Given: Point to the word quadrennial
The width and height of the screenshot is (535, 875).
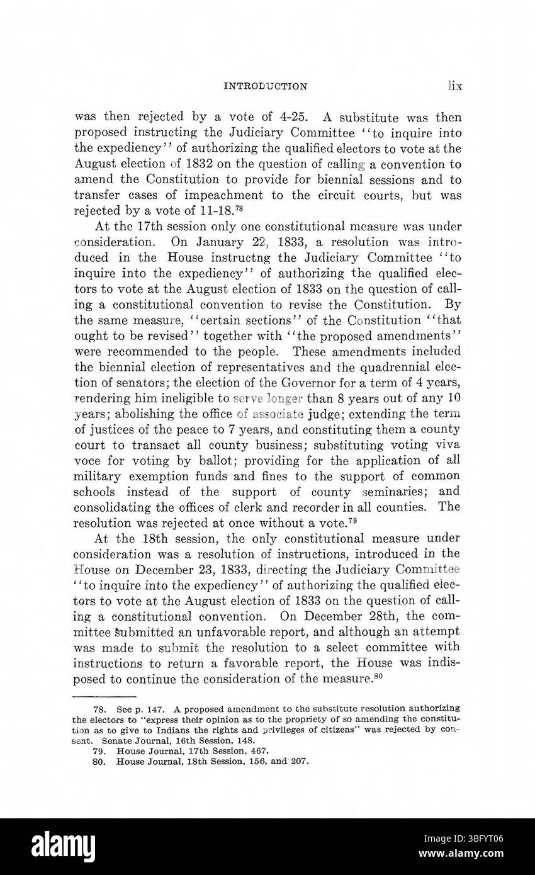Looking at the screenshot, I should pyautogui.click(x=398, y=366).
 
